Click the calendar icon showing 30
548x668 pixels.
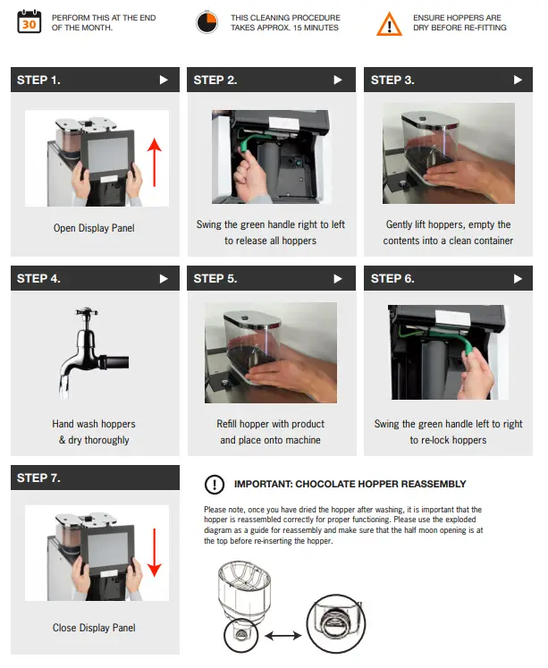(x=30, y=22)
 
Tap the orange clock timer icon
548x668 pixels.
(x=207, y=22)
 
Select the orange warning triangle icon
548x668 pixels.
(x=389, y=23)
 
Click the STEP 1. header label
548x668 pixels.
(x=39, y=80)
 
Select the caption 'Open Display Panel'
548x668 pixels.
(x=94, y=228)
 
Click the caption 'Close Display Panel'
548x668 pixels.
(x=95, y=627)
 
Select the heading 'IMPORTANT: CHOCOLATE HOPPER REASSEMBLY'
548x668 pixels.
(x=350, y=485)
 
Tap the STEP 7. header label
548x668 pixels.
(x=39, y=478)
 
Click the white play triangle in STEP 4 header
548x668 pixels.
(x=163, y=278)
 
